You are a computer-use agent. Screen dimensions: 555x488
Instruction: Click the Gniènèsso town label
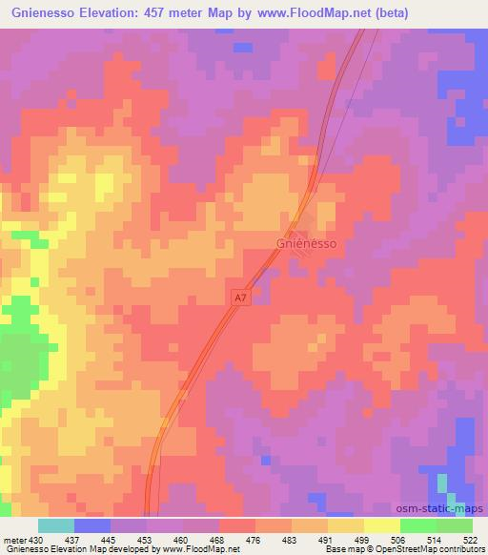pos(307,243)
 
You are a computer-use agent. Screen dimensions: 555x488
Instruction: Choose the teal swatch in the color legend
pos(55,525)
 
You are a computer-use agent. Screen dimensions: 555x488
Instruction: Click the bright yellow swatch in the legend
pos(381,525)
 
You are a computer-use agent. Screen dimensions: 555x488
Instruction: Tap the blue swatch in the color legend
pos(91,525)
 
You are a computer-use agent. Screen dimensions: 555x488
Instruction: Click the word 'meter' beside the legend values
pos(14,541)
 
